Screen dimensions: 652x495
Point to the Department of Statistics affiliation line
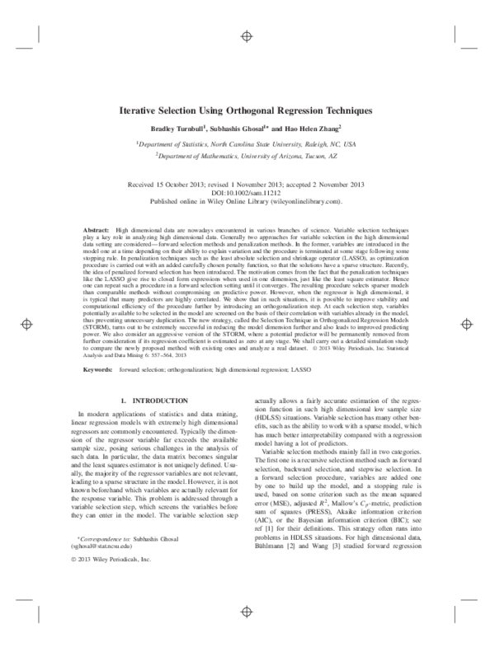coord(247,143)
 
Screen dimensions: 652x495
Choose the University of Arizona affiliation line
coord(247,154)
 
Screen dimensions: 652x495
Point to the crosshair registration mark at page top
coord(247,35)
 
